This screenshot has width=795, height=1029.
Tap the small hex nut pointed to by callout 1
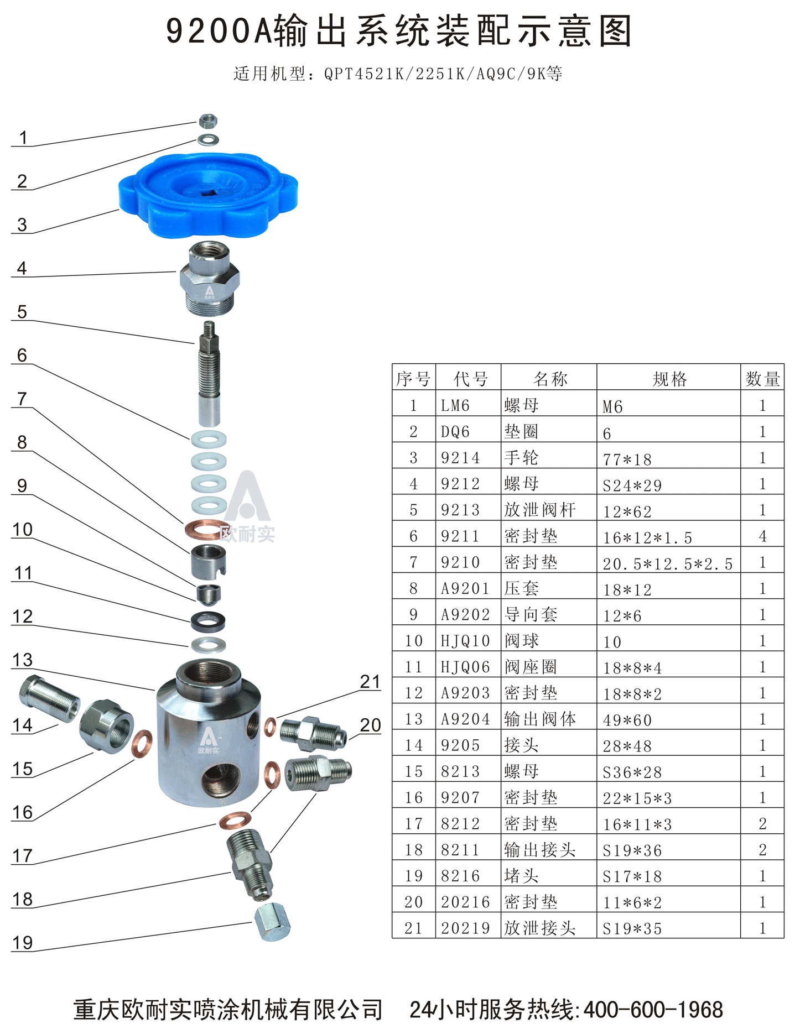tap(208, 120)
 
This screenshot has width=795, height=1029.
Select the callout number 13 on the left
tap(23, 660)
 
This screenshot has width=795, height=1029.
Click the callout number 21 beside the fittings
tap(370, 682)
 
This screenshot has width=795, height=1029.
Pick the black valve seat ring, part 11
tap(208, 621)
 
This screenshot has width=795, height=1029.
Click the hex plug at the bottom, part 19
tap(272, 922)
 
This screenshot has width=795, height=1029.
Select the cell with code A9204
tap(465, 719)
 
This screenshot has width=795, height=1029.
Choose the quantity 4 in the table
tap(762, 536)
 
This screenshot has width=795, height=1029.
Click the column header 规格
tap(669, 379)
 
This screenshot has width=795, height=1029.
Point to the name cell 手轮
tap(521, 458)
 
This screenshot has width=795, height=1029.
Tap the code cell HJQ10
tap(465, 641)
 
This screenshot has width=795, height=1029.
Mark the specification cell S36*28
tap(632, 772)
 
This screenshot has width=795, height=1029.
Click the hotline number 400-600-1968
tap(653, 1010)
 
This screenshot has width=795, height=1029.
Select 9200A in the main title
tap(219, 32)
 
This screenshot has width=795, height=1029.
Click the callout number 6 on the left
tap(22, 355)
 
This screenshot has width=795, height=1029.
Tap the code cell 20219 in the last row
tap(465, 928)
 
